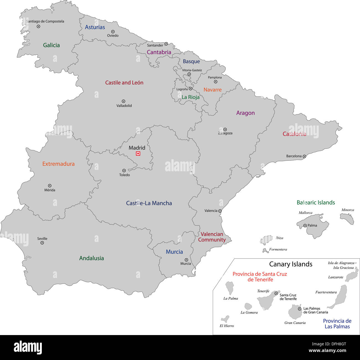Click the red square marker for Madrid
tap(138, 154)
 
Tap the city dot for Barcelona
tap(304, 156)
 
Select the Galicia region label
tap(51, 45)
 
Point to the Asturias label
tap(95, 27)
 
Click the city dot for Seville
tap(42, 243)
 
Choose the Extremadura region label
tap(58, 164)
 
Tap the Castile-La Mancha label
tap(149, 203)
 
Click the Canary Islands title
tap(291, 264)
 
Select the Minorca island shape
tap(347, 218)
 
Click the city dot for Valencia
tap(220, 211)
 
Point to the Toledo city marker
tap(124, 171)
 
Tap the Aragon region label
tap(245, 113)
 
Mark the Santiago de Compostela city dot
tap(38, 27)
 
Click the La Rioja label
tap(191, 97)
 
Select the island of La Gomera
tap(248, 306)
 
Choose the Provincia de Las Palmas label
tap(337, 324)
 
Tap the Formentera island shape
tap(265, 250)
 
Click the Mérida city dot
tap(50, 186)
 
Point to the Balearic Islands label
tap(316, 203)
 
